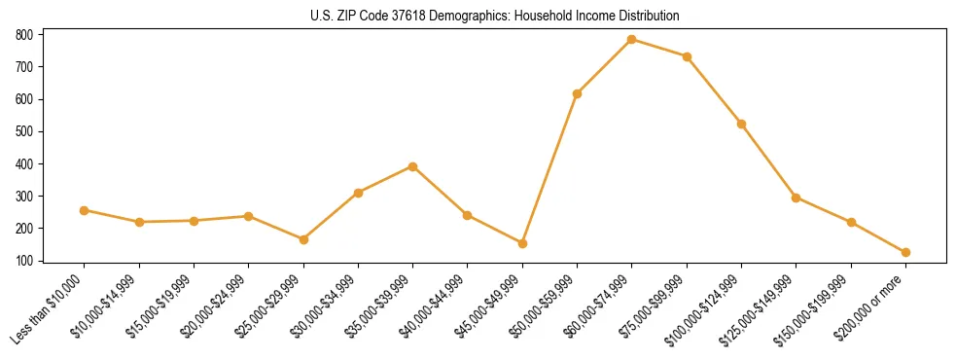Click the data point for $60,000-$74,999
click(x=632, y=40)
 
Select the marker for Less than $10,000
click(x=85, y=210)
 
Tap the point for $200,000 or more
click(x=905, y=252)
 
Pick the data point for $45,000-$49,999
click(x=522, y=243)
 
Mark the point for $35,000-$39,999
click(x=413, y=166)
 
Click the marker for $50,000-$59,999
click(x=577, y=93)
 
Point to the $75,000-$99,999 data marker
click(x=687, y=56)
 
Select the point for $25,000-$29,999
click(x=303, y=239)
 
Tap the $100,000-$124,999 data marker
click(x=741, y=124)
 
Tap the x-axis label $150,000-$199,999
click(x=818, y=307)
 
